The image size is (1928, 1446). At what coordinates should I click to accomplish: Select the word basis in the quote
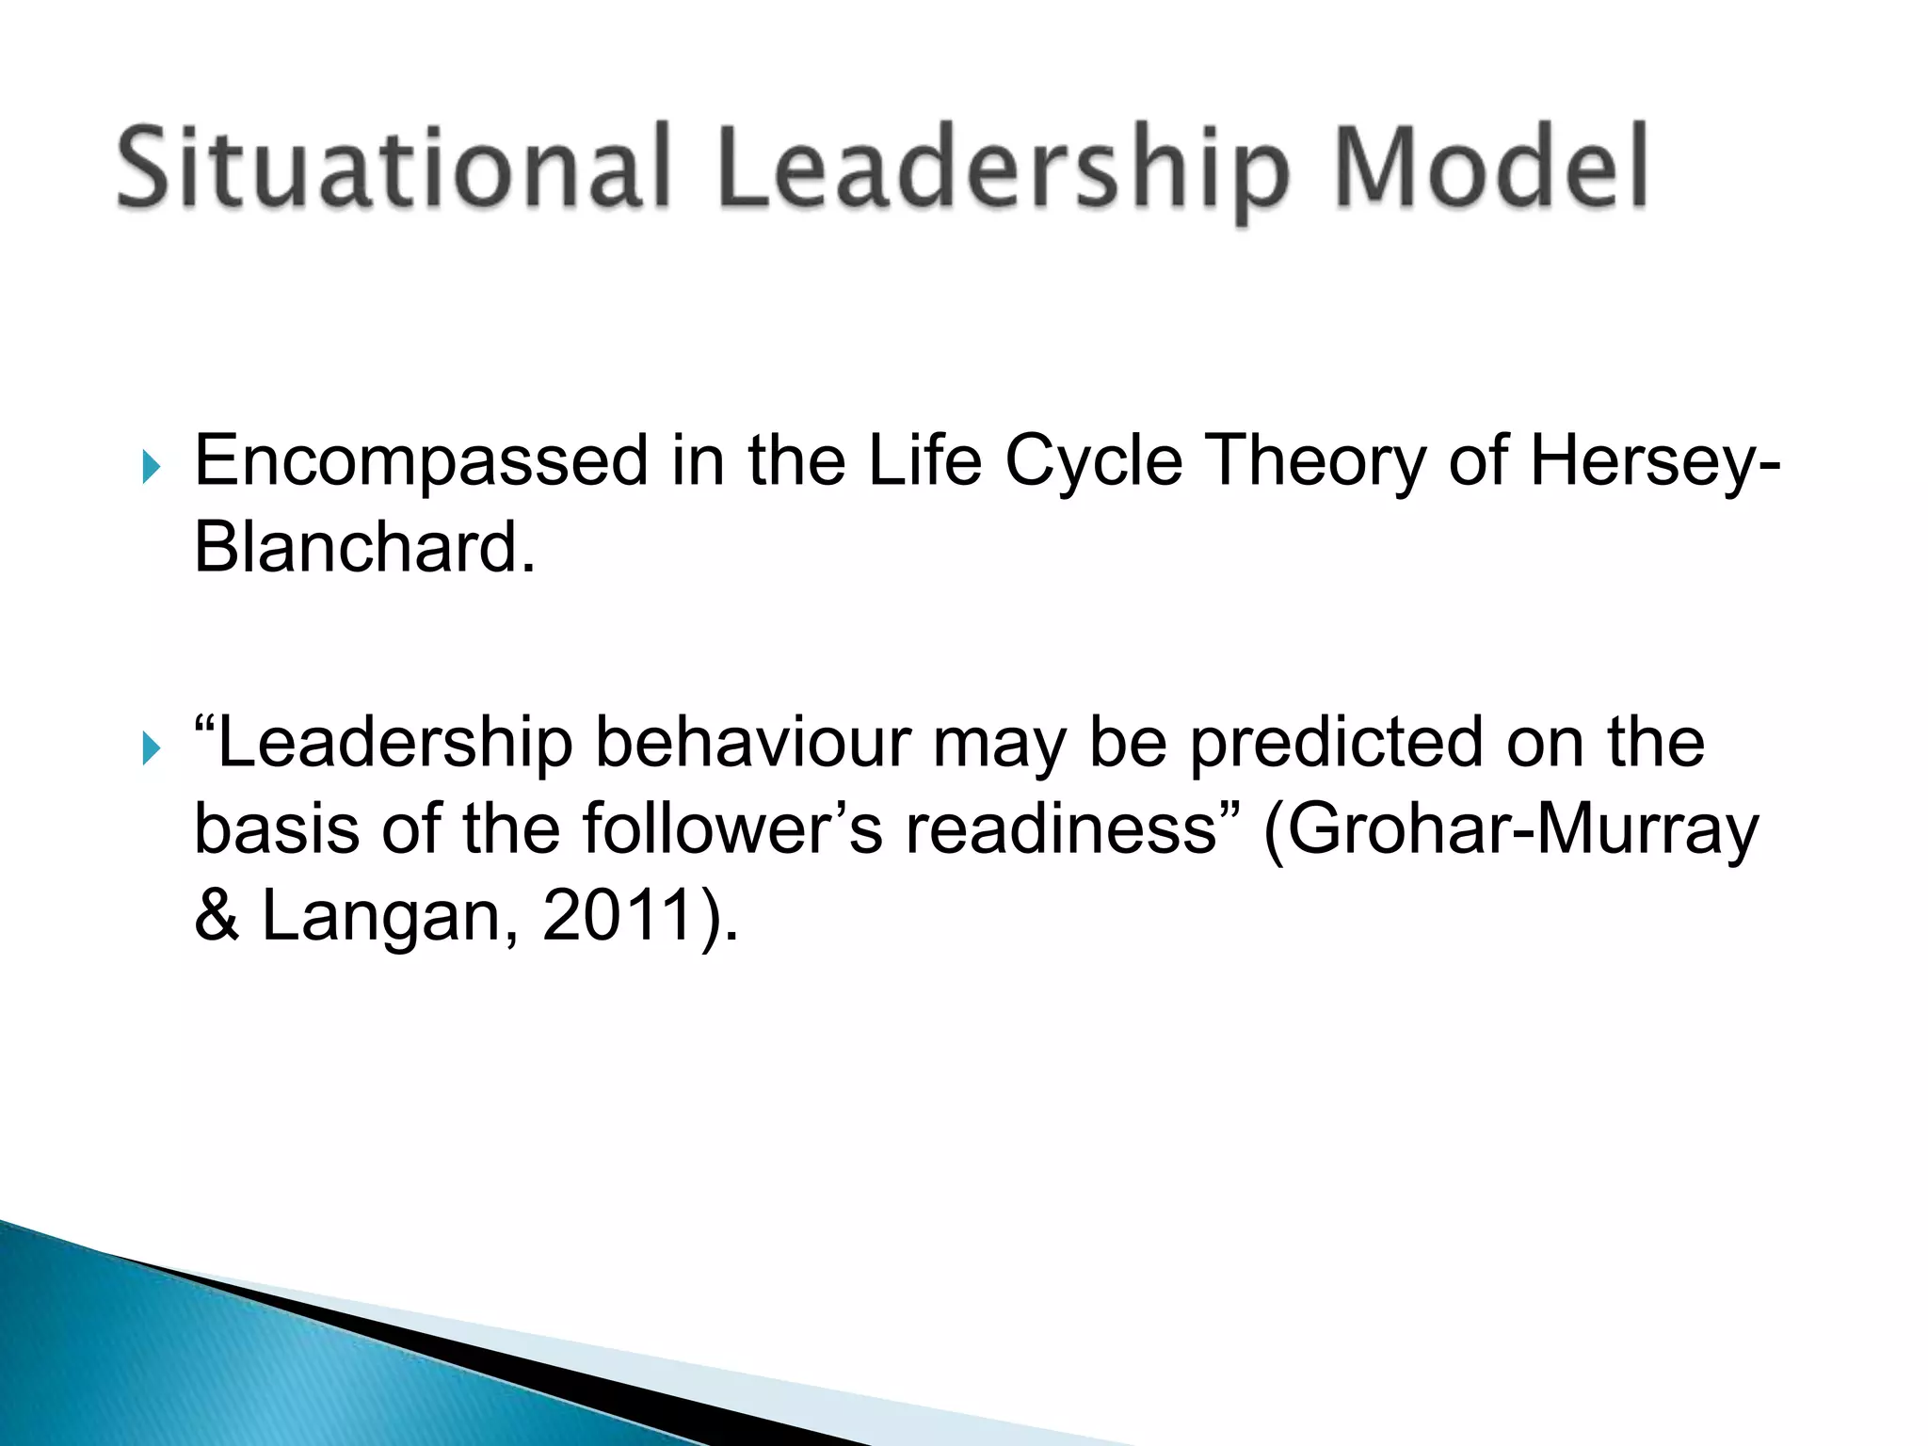click(x=277, y=829)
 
